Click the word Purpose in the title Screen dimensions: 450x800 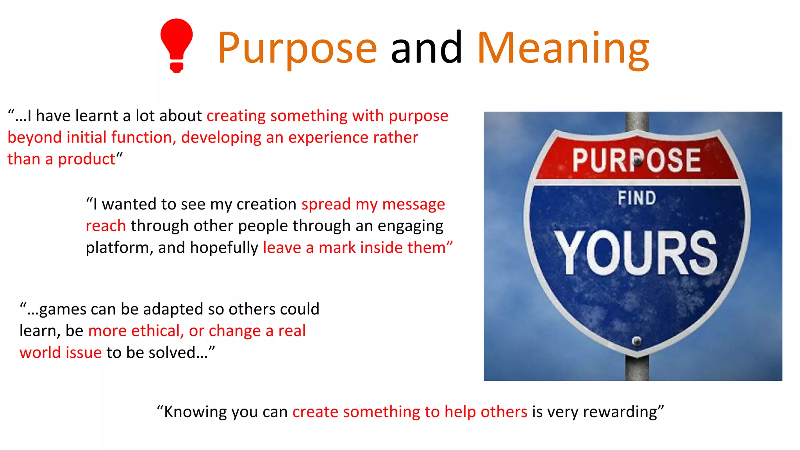(297, 48)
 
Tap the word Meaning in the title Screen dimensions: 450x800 (563, 48)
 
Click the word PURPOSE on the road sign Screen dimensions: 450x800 (636, 160)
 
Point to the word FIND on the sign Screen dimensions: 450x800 (637, 198)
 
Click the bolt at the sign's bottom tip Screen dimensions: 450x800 (637, 341)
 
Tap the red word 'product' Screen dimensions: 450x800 (86, 159)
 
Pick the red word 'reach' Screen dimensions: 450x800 (105, 226)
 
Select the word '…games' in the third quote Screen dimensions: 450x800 (57, 309)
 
